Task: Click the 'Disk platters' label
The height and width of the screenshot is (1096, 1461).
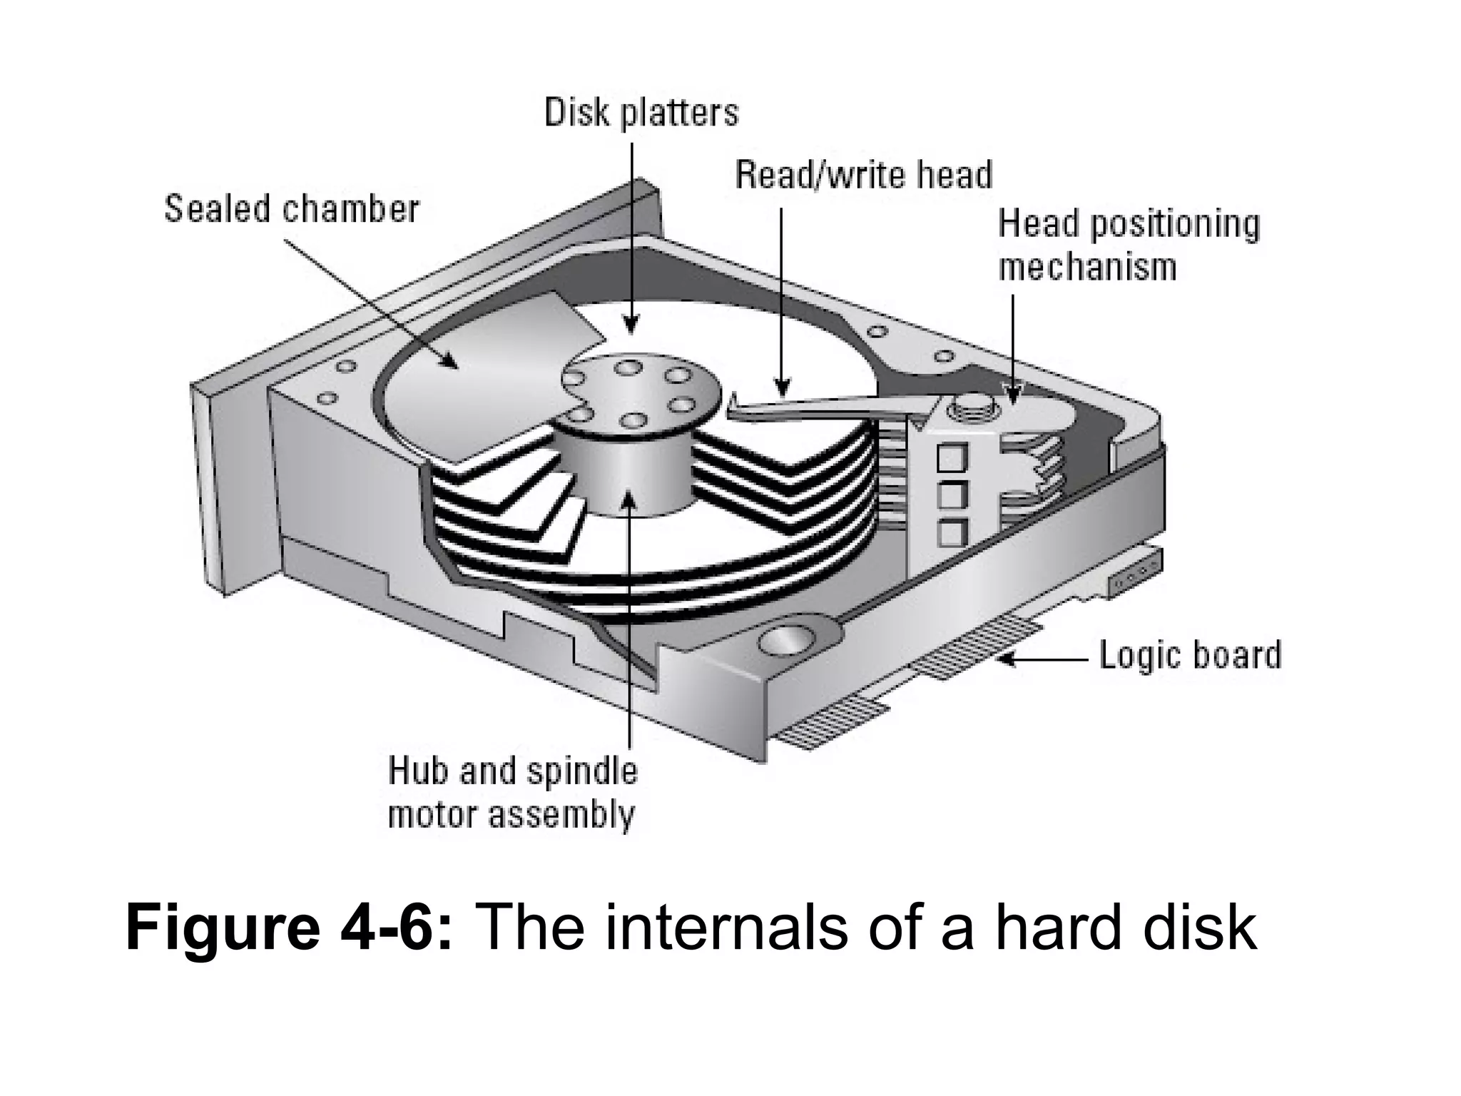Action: click(641, 113)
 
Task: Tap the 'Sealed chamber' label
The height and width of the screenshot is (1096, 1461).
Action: click(292, 209)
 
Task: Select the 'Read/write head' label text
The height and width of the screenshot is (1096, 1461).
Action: click(863, 176)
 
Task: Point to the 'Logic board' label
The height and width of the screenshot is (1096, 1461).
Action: click(1190, 655)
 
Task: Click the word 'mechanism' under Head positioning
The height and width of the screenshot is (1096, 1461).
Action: click(1086, 268)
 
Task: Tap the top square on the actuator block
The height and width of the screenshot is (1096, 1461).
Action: click(951, 457)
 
